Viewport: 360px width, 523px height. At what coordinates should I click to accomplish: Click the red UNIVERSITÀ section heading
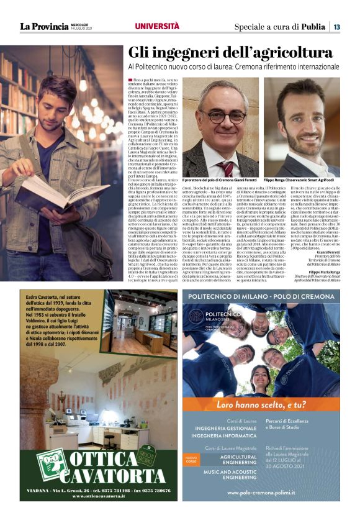click(157, 26)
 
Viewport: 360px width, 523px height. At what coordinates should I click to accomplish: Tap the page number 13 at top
click(336, 27)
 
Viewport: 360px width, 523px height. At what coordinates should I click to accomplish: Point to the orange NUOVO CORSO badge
click(191, 461)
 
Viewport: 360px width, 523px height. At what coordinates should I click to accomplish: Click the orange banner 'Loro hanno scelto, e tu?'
click(260, 403)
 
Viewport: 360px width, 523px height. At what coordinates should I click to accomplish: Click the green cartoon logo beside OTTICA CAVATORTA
click(50, 465)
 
